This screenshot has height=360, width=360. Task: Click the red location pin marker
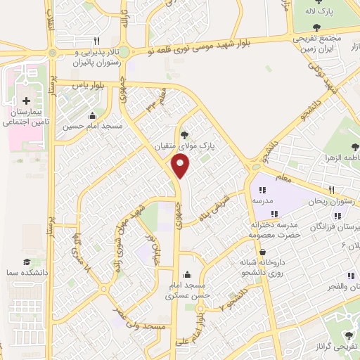(x=181, y=167)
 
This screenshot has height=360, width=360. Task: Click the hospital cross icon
(x=27, y=101)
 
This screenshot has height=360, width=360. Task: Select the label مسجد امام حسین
(x=92, y=127)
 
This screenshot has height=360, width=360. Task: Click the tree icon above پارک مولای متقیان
(x=185, y=134)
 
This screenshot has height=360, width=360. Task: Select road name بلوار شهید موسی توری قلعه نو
(x=210, y=42)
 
